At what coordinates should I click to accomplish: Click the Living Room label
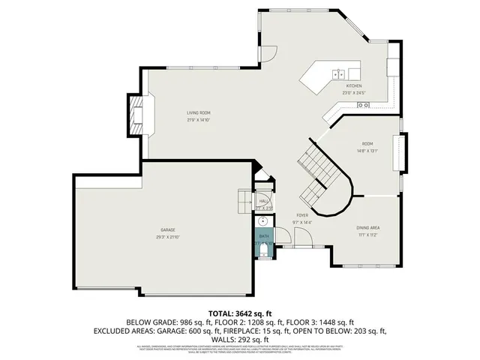click(x=199, y=112)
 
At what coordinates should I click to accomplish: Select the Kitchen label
click(x=354, y=86)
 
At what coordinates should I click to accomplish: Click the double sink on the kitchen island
click(x=337, y=73)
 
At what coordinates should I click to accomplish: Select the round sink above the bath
click(x=264, y=222)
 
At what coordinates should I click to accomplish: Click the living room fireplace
click(x=136, y=115)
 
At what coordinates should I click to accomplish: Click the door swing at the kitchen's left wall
click(x=265, y=54)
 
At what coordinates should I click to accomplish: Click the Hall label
click(x=264, y=201)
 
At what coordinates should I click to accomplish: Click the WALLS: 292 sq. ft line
click(x=240, y=338)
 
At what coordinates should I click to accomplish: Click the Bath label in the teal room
click(x=264, y=235)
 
